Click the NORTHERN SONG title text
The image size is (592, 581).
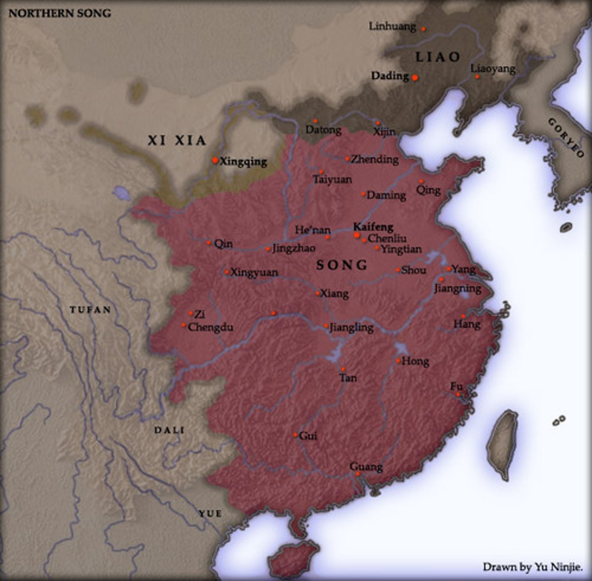[60, 13]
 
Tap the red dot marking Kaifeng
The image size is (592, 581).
[357, 235]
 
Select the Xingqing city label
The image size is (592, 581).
[243, 162]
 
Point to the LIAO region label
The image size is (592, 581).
[438, 57]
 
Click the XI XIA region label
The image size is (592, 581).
[177, 141]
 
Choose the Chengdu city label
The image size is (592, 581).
[210, 327]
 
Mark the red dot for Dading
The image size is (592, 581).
[415, 77]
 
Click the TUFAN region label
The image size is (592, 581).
[90, 310]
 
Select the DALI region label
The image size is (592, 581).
[169, 430]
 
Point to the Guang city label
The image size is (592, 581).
[366, 467]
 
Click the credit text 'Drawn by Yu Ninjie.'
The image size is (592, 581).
[532, 566]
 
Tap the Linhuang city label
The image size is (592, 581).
[392, 26]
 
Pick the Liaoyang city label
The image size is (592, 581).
[493, 69]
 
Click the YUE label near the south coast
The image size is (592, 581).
[210, 514]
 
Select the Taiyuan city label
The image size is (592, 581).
[332, 180]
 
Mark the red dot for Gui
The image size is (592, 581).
[295, 435]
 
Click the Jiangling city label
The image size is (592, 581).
[352, 328]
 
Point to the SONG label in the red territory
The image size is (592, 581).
[342, 265]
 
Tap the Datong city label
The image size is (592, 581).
[323, 130]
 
